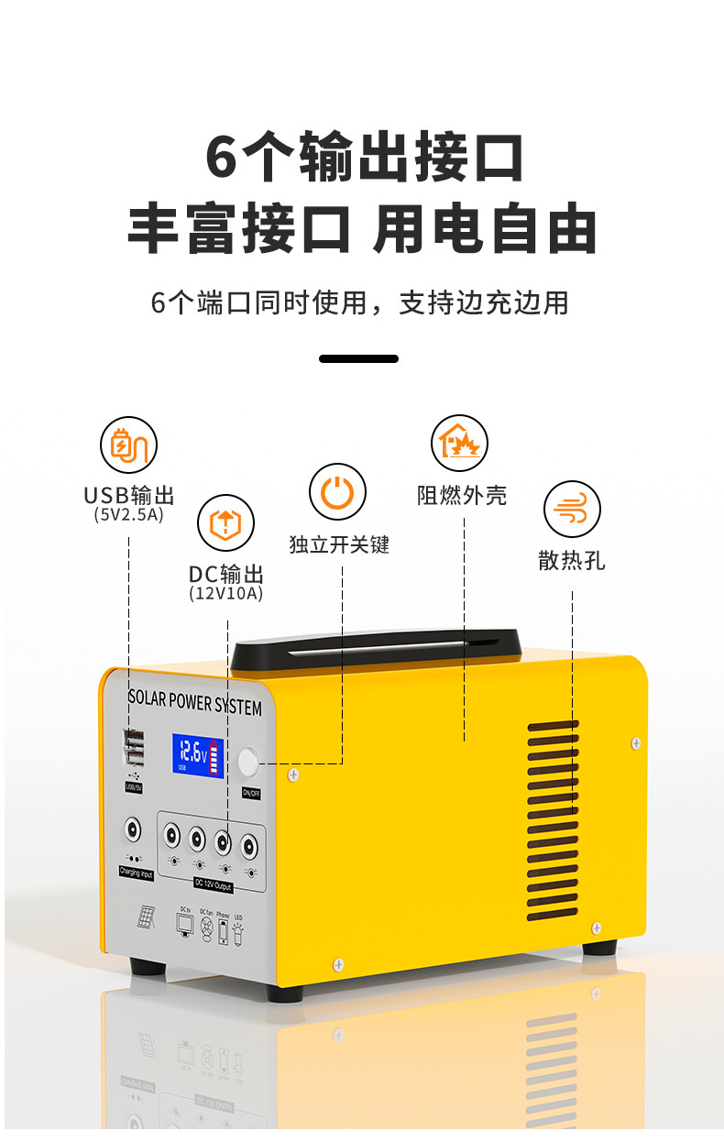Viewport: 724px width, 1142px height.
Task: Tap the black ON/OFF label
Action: click(x=251, y=791)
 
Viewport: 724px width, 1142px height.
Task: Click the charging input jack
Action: click(x=135, y=831)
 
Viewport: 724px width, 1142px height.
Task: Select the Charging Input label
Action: click(x=136, y=873)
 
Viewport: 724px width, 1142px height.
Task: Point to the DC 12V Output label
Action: click(x=213, y=885)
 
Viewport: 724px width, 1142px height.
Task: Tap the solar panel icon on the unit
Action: click(x=146, y=917)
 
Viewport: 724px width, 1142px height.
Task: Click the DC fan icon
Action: click(x=205, y=927)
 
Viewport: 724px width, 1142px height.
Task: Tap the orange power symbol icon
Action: click(x=337, y=492)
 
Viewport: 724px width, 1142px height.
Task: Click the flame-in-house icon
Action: click(x=459, y=443)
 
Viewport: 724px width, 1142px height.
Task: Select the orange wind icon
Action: click(x=572, y=509)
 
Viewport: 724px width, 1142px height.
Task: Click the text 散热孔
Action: click(x=572, y=560)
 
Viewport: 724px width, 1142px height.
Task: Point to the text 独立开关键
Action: click(x=338, y=544)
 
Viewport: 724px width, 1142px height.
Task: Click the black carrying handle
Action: click(x=376, y=648)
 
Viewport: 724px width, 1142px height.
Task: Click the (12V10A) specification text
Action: click(x=225, y=594)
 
